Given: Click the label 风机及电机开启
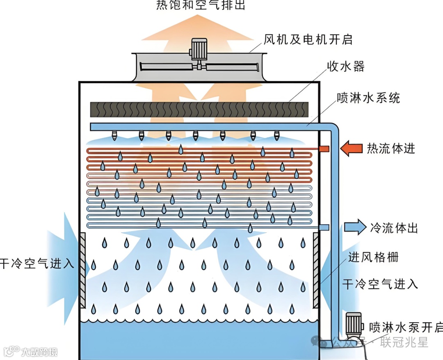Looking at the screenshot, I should (x=308, y=40).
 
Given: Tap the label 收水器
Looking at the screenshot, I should (x=345, y=66).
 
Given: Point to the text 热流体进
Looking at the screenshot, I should (x=391, y=148).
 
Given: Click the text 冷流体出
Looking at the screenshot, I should (x=393, y=228).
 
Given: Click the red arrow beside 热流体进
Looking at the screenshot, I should (x=352, y=148).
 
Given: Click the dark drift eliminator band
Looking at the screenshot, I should (x=199, y=110).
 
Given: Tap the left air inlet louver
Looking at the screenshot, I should (x=82, y=271).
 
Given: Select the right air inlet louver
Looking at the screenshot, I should (x=316, y=271).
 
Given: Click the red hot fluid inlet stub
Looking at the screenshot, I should (x=324, y=148).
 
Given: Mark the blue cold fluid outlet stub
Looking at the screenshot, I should (x=324, y=227).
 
